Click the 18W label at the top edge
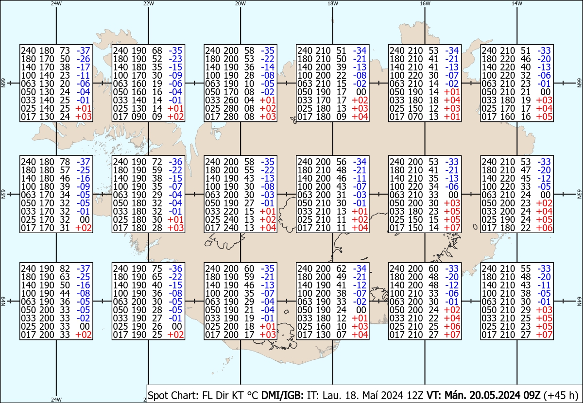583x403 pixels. click(332, 3)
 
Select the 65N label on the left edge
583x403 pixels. click(3, 194)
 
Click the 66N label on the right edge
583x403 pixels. click(579, 84)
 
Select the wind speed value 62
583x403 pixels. click(341, 269)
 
